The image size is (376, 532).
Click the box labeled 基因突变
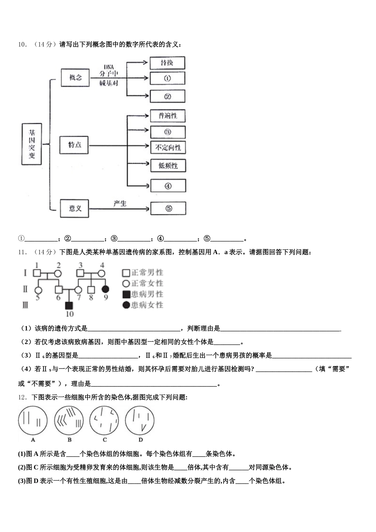pyautogui.click(x=32, y=144)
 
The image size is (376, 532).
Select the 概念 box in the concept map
pyautogui.click(x=75, y=78)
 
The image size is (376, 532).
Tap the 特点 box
pyautogui.click(x=74, y=145)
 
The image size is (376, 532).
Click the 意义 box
pyautogui.click(x=75, y=208)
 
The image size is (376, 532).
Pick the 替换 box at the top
pyautogui.click(x=167, y=63)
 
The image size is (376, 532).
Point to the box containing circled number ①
pyautogui.click(x=167, y=78)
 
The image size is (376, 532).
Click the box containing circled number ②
pyautogui.click(x=167, y=96)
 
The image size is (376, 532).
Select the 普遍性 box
pyautogui.click(x=168, y=116)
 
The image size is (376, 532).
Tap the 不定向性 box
pyautogui.click(x=168, y=148)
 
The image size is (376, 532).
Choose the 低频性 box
pyautogui.click(x=168, y=166)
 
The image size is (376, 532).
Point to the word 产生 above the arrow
pyautogui.click(x=120, y=203)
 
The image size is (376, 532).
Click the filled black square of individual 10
pyautogui.click(x=69, y=305)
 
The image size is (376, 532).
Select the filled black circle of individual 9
pyautogui.click(x=105, y=289)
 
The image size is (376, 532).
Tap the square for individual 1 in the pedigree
pyautogui.click(x=36, y=273)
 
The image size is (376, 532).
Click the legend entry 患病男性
pyautogui.click(x=142, y=294)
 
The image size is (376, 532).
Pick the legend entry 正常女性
pyautogui.click(x=142, y=283)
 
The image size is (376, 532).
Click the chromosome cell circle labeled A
pyautogui.click(x=33, y=420)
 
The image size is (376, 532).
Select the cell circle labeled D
pyautogui.click(x=140, y=420)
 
